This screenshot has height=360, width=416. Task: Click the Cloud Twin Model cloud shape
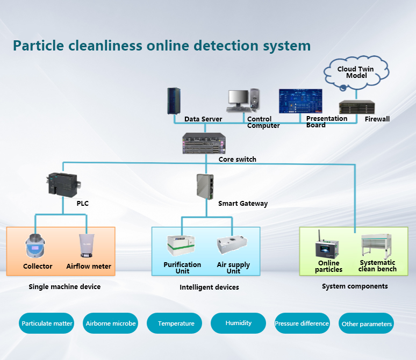click(x=356, y=74)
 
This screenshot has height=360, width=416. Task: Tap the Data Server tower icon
click(x=173, y=101)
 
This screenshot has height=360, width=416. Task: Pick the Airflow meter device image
click(x=88, y=247)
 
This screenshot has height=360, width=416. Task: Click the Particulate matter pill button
click(x=47, y=323)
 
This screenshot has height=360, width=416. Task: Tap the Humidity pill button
click(x=238, y=323)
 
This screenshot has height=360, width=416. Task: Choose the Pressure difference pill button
click(x=302, y=323)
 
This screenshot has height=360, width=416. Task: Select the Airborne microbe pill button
click(x=111, y=323)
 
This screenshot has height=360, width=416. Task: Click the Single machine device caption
click(x=64, y=287)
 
